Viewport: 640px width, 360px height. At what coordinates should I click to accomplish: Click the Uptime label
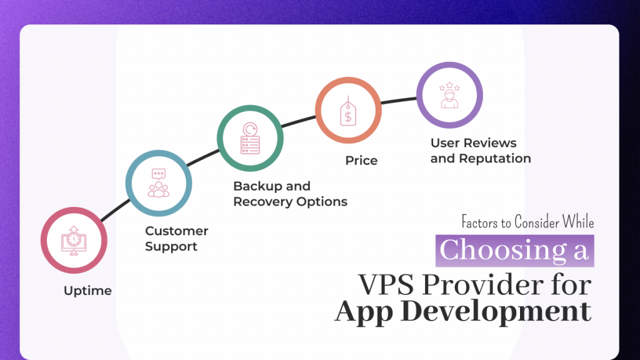(x=87, y=291)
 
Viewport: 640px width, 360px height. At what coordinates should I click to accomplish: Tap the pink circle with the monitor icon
(x=73, y=241)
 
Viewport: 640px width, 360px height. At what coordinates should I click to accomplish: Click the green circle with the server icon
(x=250, y=137)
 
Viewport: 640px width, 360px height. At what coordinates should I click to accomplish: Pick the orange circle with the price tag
(x=347, y=111)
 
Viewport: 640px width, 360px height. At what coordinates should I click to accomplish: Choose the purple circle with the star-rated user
(x=449, y=96)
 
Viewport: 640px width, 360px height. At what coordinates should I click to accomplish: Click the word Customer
(x=177, y=231)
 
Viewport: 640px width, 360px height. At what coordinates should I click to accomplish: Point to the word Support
(x=171, y=247)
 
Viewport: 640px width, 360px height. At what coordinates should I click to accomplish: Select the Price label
(x=361, y=161)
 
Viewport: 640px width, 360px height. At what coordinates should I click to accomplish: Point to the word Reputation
(x=494, y=159)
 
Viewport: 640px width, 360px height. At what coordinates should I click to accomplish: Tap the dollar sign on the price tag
(x=347, y=115)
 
